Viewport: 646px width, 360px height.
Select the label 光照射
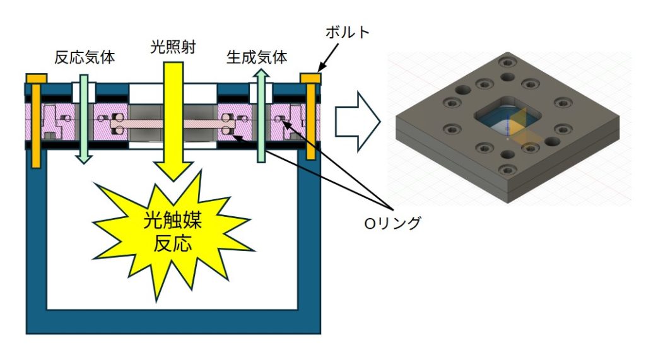[x=172, y=47]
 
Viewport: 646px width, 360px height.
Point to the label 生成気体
[x=257, y=58]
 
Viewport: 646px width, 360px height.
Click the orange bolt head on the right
[x=310, y=78]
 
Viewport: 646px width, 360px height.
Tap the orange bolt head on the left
[x=36, y=78]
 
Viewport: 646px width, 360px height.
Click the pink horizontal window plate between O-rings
[x=170, y=122]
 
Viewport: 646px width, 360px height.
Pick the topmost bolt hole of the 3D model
[x=507, y=62]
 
